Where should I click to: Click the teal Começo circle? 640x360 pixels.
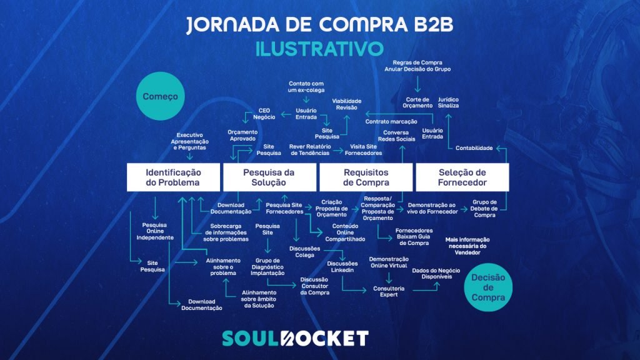tap(161, 97)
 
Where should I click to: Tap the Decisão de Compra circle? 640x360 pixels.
tap(489, 287)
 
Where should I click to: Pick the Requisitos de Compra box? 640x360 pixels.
tap(366, 177)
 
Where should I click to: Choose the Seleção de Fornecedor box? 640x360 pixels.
tap(463, 177)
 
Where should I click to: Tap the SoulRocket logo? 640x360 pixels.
tap(296, 338)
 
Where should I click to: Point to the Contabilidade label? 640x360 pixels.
tap(474, 148)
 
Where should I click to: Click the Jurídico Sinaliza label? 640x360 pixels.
tap(449, 102)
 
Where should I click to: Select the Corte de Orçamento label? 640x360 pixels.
tap(418, 102)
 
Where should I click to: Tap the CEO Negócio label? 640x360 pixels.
tap(264, 114)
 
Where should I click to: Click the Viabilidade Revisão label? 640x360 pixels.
tap(347, 104)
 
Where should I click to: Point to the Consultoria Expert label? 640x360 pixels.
tap(389, 291)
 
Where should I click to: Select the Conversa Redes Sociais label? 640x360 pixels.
tap(396, 136)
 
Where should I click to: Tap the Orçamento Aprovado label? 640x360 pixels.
tap(242, 136)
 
